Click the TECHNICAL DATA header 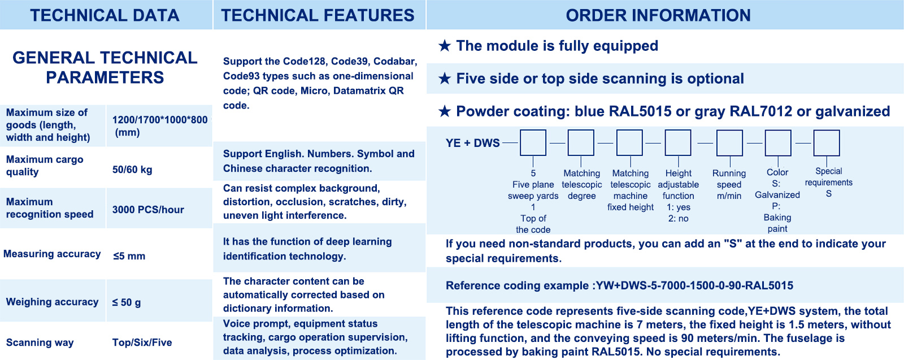105,15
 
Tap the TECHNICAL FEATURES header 318,15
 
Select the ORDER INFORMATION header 658,15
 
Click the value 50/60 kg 132,170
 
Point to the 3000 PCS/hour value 148,210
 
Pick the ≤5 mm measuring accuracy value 129,256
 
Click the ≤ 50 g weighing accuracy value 127,302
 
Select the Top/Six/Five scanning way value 142,342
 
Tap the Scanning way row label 40,342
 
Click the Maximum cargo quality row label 45,166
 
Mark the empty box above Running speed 729,143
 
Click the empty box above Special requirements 827,143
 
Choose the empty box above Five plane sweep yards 533,143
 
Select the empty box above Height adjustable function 678,143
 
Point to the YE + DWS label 472,144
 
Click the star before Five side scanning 444,79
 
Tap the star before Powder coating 444,111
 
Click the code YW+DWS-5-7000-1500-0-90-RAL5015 694,286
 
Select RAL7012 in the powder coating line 761,111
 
